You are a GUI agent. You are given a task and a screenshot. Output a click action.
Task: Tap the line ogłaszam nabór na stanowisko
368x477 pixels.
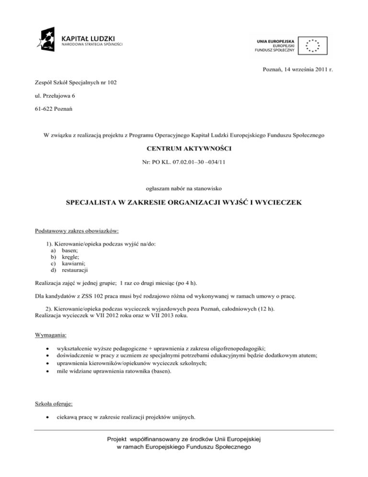(x=184, y=189)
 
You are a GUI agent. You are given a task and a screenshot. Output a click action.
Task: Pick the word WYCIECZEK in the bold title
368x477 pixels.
(x=277, y=203)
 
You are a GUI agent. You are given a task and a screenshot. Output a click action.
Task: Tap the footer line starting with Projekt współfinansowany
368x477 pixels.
(x=184, y=440)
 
